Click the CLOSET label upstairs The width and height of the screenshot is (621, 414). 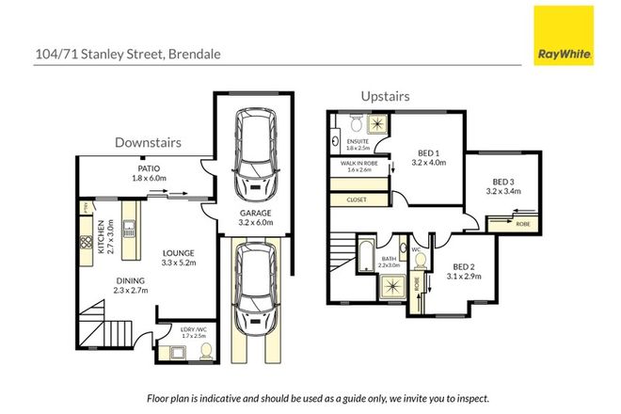click(358, 199)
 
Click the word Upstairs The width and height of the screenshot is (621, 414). click(386, 96)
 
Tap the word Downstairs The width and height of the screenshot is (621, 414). click(148, 142)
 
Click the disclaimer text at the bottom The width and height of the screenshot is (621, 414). click(310, 398)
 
